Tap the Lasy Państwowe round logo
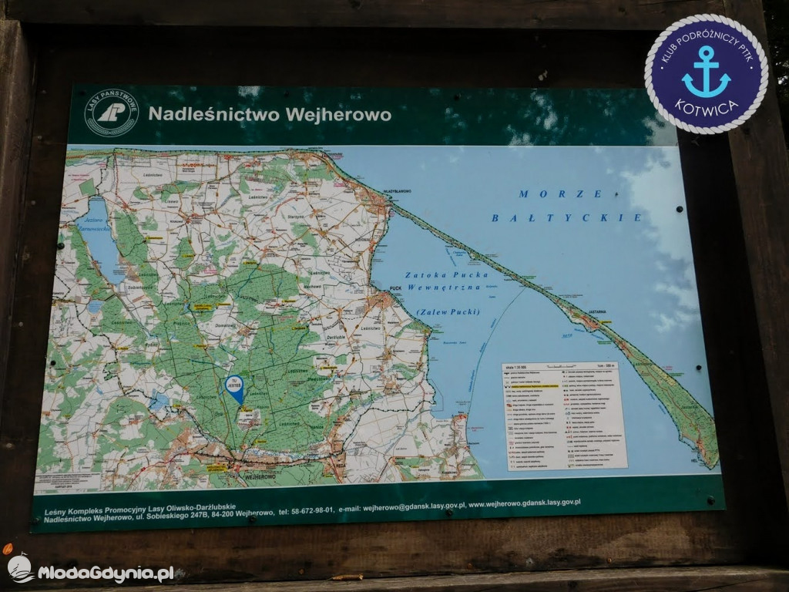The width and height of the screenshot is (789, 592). coord(112,113)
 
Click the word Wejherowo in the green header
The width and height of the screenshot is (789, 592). coord(338,115)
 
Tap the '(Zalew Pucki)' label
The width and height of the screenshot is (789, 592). coord(448,311)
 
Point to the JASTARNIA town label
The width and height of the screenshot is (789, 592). coord(595,312)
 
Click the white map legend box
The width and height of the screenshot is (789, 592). coord(564,415)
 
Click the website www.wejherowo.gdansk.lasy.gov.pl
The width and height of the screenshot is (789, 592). coord(525,503)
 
